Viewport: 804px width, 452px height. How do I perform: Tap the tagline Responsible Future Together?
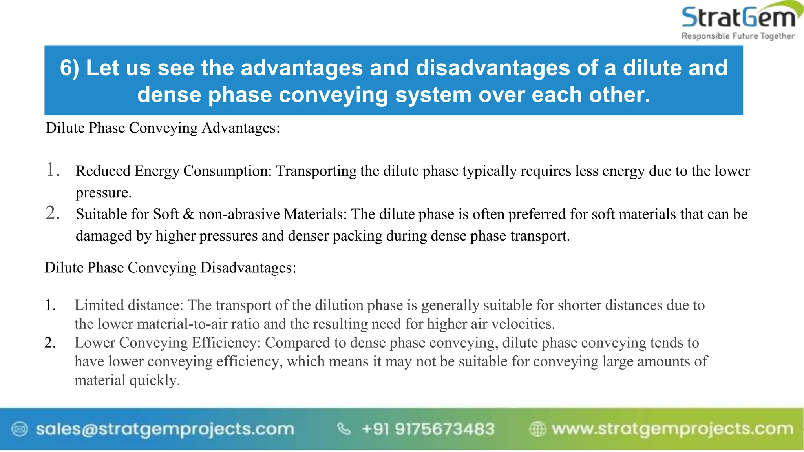[738, 36]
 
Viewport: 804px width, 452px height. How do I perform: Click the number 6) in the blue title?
[69, 68]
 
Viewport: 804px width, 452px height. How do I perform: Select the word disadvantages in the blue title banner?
[493, 68]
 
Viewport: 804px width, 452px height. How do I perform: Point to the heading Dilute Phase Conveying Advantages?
[163, 128]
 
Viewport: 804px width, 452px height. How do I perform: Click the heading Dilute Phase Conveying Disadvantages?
[170, 268]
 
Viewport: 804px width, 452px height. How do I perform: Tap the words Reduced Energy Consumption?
[173, 171]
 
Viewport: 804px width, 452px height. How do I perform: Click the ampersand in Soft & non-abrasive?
[188, 214]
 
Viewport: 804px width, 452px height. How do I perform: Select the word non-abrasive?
[239, 214]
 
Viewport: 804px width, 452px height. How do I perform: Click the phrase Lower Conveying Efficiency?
[167, 343]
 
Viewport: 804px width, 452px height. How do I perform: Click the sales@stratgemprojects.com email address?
[165, 429]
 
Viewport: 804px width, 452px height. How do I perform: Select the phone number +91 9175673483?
[428, 429]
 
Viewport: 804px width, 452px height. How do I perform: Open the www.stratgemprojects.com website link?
[672, 429]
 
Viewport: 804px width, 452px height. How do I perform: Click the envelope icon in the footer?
[20, 429]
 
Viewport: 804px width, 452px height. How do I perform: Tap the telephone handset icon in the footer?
[344, 429]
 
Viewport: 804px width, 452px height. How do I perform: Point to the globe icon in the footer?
[537, 429]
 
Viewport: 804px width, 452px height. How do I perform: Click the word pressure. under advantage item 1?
[103, 193]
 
